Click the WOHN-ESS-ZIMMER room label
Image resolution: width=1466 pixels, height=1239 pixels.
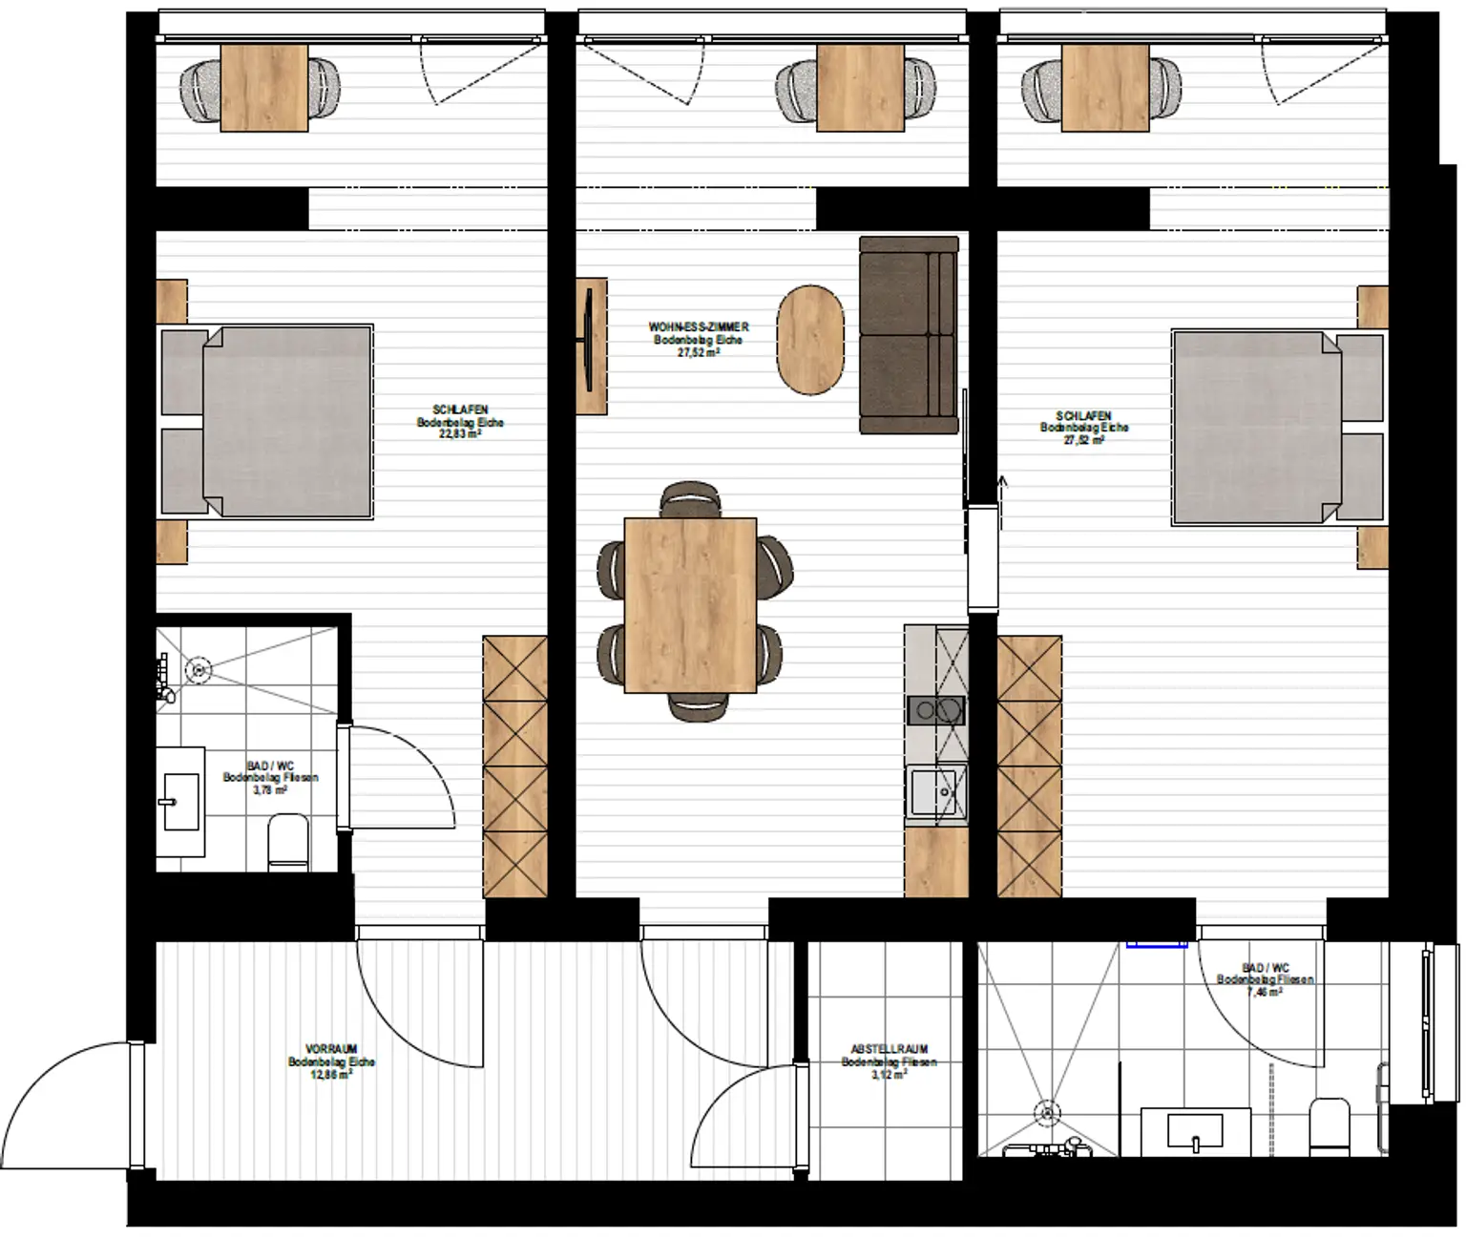pos(698,327)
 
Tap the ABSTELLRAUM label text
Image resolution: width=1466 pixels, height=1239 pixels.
pos(889,1049)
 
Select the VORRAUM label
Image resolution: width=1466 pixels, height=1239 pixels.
pos(331,1049)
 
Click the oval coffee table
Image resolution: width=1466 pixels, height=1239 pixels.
pos(811,340)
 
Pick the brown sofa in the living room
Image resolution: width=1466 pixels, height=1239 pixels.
pos(908,334)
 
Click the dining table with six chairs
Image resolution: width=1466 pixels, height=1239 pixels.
pos(690,604)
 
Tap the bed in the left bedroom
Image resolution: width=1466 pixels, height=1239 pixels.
pos(277,422)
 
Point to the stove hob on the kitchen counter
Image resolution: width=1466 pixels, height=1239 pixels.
pos(935,711)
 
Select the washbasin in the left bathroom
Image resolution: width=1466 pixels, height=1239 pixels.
pos(180,800)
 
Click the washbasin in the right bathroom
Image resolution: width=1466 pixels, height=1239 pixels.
pos(1196,1131)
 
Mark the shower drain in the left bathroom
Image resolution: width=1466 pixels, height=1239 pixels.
pos(199,670)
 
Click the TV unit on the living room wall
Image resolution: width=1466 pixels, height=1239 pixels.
pos(591,345)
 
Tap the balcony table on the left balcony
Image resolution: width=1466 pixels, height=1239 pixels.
pos(264,87)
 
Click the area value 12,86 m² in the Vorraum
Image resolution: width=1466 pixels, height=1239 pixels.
pos(331,1074)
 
